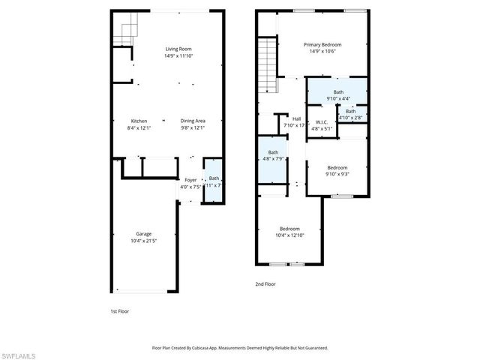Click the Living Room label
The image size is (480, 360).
coord(178,49)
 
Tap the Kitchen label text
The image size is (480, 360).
coord(139,121)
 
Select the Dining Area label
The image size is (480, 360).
coord(193,121)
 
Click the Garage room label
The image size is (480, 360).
coord(143,233)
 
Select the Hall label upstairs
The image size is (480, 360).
coord(296,118)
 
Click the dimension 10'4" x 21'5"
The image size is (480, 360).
coord(143,241)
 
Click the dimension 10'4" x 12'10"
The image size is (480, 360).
coord(290,235)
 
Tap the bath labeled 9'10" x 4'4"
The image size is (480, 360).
coord(338,92)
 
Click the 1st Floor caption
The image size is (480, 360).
coord(120,310)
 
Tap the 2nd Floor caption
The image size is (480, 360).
coord(266,284)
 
